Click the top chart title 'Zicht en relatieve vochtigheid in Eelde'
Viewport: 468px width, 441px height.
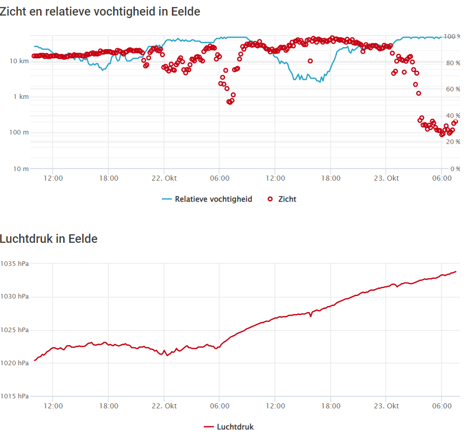point(100,12)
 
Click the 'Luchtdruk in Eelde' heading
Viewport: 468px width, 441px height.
point(49,239)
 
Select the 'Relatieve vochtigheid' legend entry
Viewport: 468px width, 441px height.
point(207,199)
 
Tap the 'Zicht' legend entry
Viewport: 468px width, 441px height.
point(282,199)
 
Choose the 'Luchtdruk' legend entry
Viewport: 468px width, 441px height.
point(228,426)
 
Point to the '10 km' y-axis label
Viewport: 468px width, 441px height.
point(19,61)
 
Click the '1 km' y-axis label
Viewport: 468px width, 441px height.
point(21,96)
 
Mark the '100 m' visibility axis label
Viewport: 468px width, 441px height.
point(19,132)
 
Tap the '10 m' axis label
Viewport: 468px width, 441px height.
point(21,169)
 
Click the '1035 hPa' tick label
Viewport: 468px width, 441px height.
point(15,263)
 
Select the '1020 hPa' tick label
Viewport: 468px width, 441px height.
point(15,363)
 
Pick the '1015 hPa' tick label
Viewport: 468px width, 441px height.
point(15,396)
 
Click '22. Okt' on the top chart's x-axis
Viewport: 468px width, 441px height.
point(164,178)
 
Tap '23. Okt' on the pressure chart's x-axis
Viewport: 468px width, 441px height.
point(386,406)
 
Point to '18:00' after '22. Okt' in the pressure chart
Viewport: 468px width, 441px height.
point(331,406)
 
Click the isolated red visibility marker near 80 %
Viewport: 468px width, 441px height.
point(310,61)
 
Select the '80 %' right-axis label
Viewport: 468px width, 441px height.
point(453,63)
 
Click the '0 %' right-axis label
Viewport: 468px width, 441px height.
point(455,169)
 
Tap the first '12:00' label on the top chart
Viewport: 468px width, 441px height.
point(53,178)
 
